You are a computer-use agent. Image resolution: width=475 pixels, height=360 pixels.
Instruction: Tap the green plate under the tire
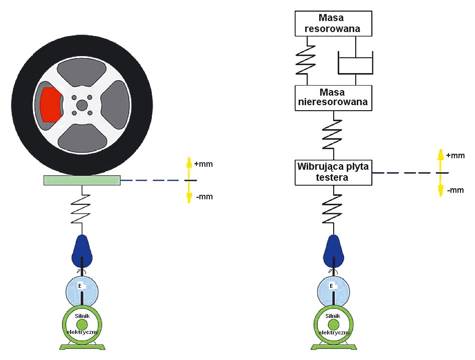[82, 180]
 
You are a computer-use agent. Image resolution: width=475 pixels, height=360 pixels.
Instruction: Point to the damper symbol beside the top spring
[355, 63]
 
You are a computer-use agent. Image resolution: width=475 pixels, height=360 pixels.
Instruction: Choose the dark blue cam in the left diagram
[82, 251]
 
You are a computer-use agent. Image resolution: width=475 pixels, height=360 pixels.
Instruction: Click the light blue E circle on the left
[82, 288]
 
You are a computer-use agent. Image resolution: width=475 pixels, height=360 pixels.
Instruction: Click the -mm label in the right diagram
[455, 190]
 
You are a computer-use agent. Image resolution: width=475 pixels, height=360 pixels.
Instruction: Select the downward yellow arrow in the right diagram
[440, 190]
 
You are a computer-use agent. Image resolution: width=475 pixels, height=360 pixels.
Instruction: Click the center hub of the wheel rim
[82, 105]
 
